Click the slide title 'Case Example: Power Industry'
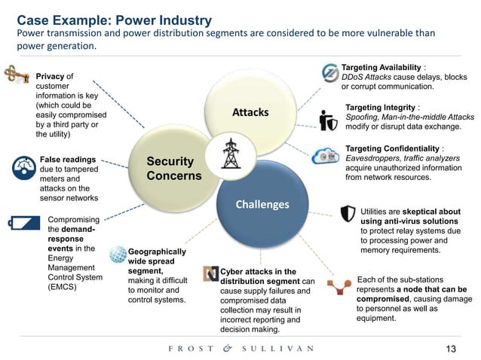click(x=114, y=20)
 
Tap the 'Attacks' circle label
click(x=250, y=112)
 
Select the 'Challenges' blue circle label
click(x=262, y=204)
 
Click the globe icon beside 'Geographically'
click(x=118, y=255)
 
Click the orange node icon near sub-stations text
click(x=339, y=287)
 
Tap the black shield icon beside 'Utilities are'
click(x=348, y=214)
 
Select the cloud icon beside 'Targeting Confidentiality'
click(x=323, y=157)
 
